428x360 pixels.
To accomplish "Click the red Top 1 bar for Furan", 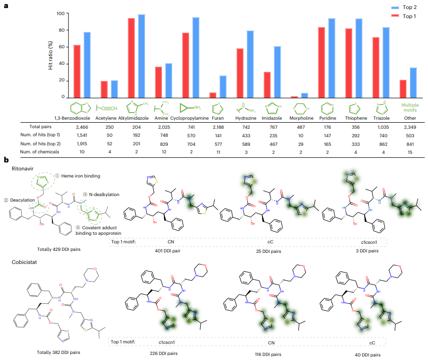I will [213, 95].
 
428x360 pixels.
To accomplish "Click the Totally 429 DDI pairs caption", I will [58, 248].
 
